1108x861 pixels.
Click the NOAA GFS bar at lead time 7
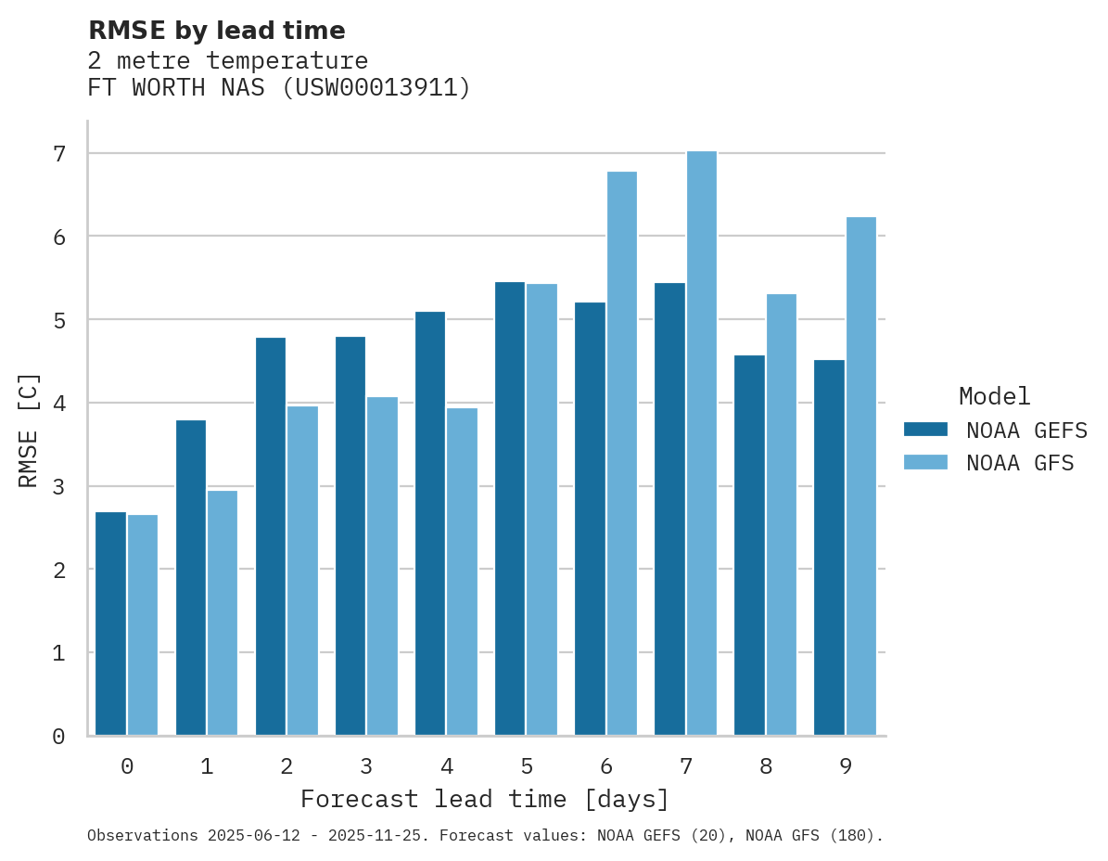(x=701, y=443)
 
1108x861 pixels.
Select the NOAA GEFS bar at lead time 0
(x=110, y=623)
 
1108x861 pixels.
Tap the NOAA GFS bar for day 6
(x=621, y=454)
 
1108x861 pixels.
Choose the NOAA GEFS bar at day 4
(x=430, y=523)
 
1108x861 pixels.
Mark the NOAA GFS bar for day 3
(x=382, y=566)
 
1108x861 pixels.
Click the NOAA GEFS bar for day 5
(x=510, y=508)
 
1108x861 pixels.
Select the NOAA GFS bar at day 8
(x=781, y=515)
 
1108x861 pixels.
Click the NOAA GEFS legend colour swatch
(x=925, y=429)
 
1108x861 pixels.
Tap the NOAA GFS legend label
(x=1020, y=463)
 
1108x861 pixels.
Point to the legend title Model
(x=994, y=396)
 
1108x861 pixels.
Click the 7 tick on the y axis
(x=58, y=153)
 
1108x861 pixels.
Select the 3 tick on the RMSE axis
(x=58, y=486)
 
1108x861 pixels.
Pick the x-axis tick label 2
(x=287, y=766)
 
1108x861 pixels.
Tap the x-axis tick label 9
(x=845, y=766)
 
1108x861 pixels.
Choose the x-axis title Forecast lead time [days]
(x=484, y=799)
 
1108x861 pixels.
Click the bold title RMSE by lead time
(x=216, y=31)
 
